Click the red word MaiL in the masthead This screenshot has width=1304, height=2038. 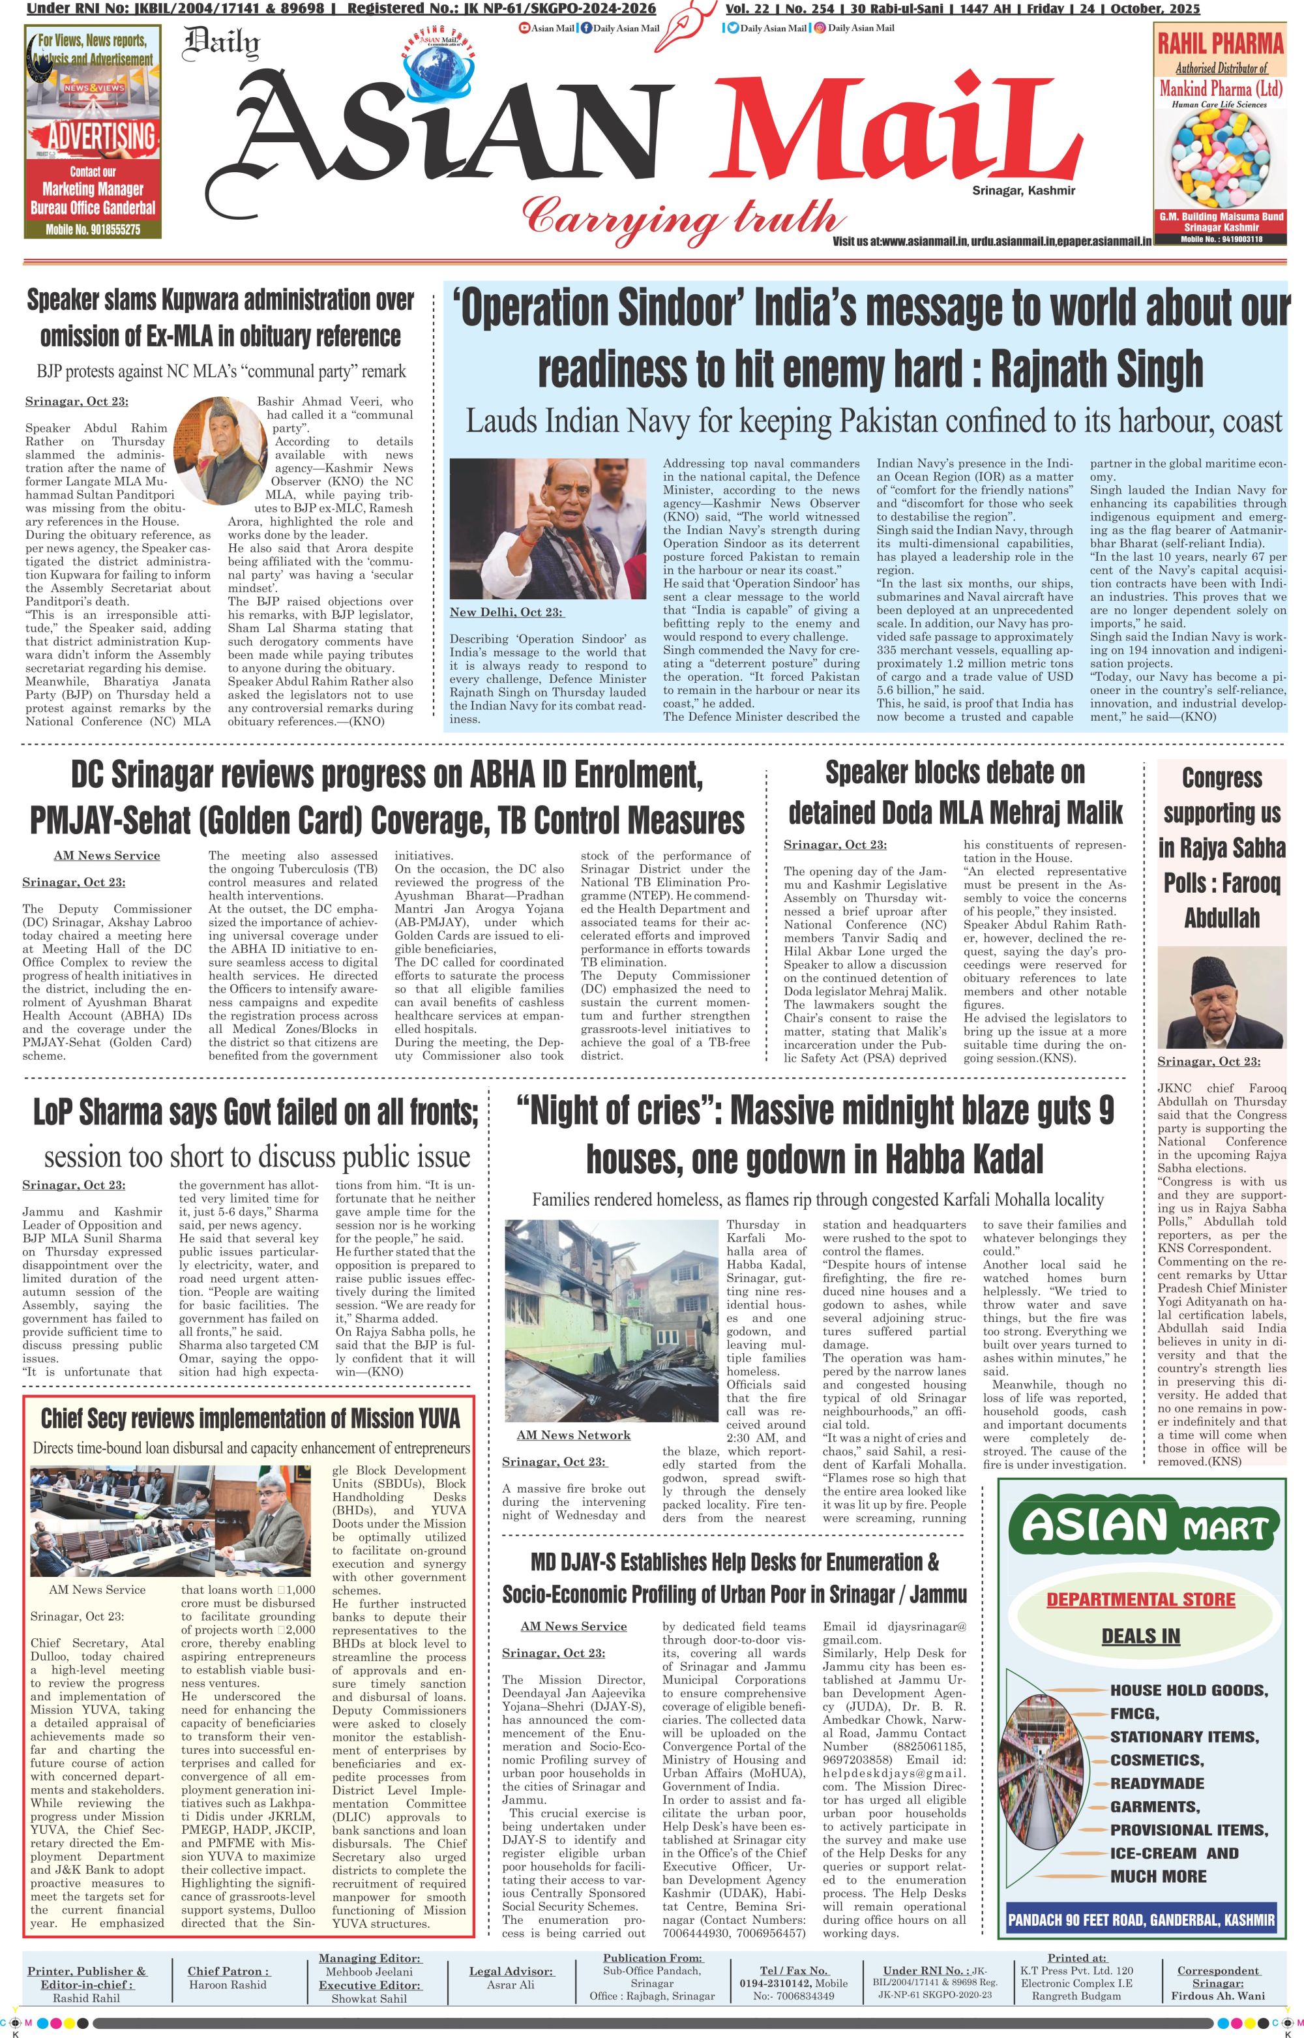881,140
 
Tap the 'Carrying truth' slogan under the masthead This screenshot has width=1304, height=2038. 681,216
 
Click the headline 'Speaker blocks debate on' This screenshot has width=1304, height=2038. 955,772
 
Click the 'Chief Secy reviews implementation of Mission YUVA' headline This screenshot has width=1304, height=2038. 250,1418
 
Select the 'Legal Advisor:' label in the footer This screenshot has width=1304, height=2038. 511,1971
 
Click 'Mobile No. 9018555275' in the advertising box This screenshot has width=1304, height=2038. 93,229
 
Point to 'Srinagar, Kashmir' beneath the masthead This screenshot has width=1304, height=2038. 1023,190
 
